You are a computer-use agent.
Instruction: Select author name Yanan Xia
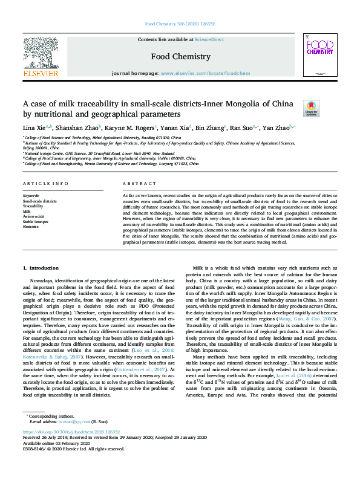click(x=173, y=128)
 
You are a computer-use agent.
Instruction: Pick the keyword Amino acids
click(x=33, y=216)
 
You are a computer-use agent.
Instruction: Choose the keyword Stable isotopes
click(x=36, y=221)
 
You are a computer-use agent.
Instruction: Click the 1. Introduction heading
click(x=41, y=267)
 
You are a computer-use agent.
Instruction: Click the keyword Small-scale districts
click(x=39, y=201)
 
